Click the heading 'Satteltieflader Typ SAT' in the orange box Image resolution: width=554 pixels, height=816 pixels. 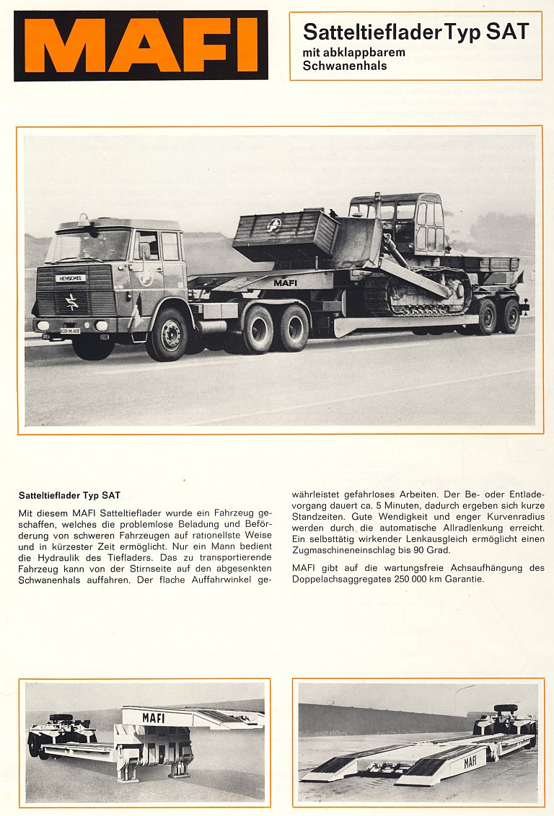click(x=415, y=32)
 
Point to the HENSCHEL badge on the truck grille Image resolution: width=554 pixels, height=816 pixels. click(x=71, y=278)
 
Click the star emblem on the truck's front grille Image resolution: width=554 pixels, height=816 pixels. click(x=71, y=301)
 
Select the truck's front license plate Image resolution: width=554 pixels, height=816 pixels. click(x=70, y=330)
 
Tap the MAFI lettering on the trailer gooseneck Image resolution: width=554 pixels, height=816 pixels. click(x=285, y=283)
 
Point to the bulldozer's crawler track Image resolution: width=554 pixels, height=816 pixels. click(x=418, y=292)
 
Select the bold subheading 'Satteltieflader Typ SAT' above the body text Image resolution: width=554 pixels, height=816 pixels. click(x=69, y=495)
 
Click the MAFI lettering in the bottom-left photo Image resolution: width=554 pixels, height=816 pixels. click(x=153, y=718)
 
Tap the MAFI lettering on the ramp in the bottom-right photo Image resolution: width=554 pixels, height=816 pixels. click(x=470, y=761)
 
